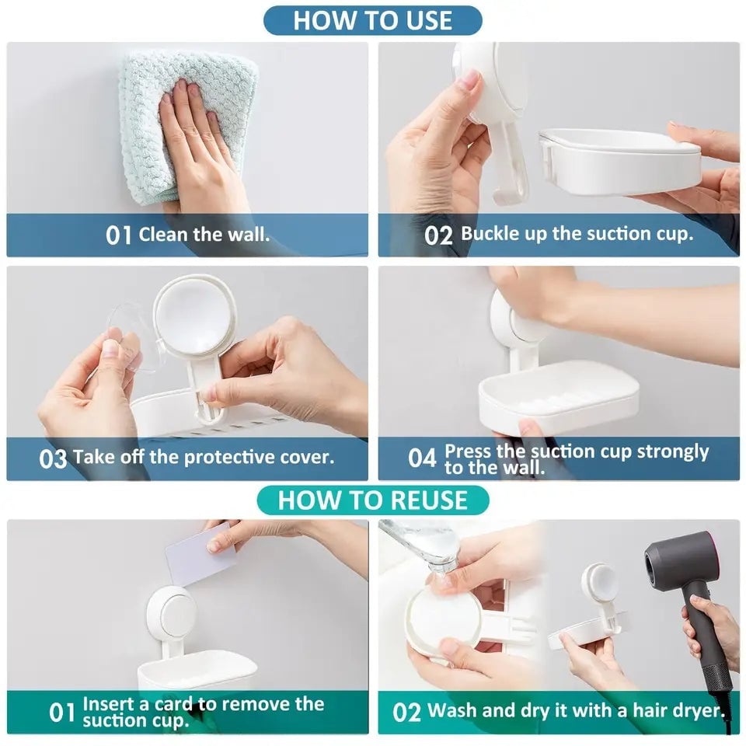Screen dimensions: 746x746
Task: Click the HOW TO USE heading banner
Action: pyautogui.click(x=372, y=21)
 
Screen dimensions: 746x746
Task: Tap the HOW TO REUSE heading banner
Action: pyautogui.click(x=372, y=500)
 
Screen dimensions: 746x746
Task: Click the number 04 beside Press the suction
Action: pyautogui.click(x=423, y=458)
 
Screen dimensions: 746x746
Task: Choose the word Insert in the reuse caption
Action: pyautogui.click(x=106, y=704)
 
